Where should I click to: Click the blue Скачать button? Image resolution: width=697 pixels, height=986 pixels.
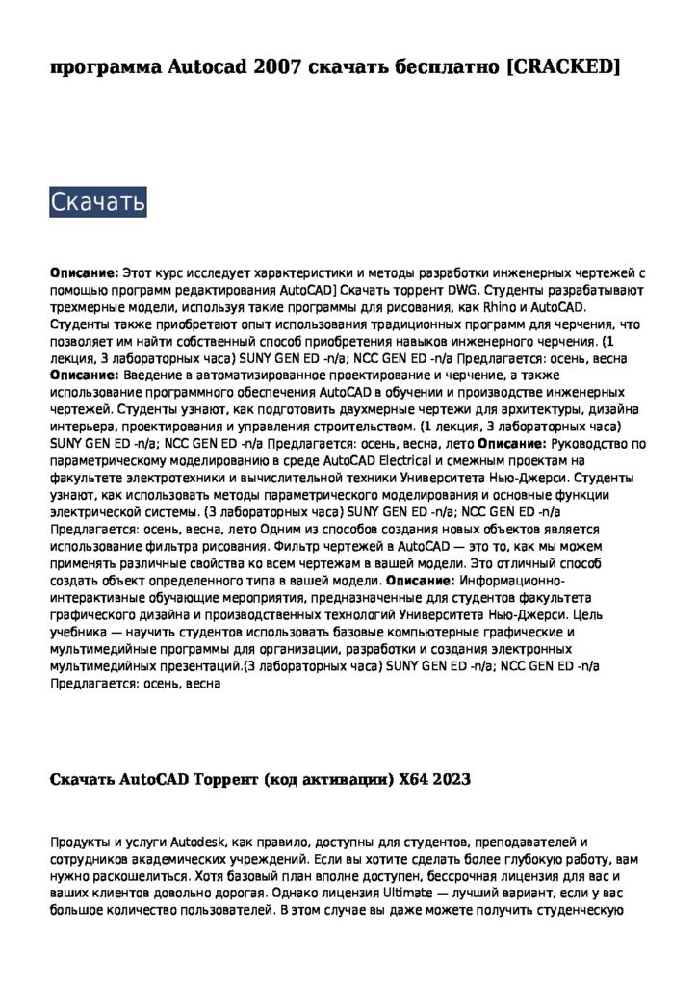[x=97, y=202]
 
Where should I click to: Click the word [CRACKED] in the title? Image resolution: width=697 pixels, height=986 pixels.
[x=562, y=66]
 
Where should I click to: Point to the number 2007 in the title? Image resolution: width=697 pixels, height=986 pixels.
[x=280, y=66]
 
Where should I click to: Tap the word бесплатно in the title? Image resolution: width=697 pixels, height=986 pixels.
[x=440, y=66]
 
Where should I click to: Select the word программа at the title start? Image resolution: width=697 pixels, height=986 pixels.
[x=105, y=66]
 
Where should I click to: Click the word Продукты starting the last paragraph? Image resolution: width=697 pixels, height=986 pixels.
[x=80, y=843]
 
